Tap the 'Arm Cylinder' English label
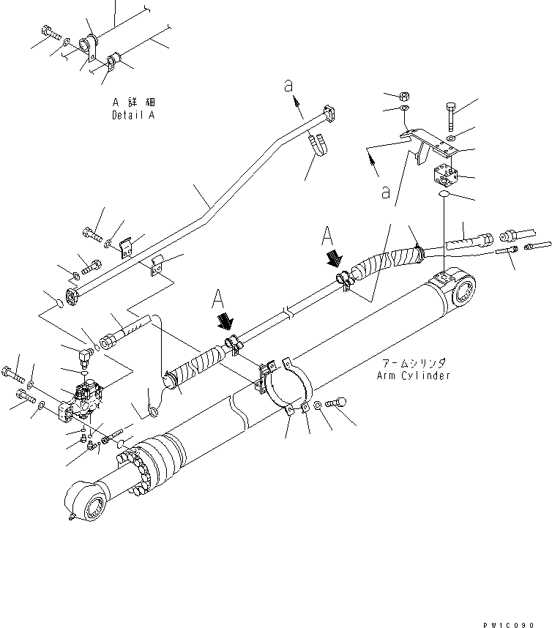[413, 375]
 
